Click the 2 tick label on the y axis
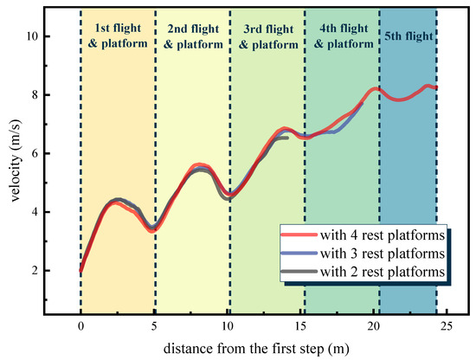coord(34,271)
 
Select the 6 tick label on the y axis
coord(34,153)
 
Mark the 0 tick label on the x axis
coord(80,326)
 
